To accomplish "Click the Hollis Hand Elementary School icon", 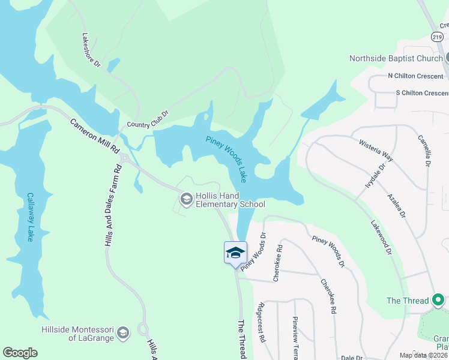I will coord(186,199).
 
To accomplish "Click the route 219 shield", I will coord(436,36).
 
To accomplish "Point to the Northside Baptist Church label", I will coord(396,58).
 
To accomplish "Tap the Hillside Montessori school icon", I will coord(123,333).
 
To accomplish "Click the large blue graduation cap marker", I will coord(235,253).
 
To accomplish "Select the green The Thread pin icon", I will coord(438,300).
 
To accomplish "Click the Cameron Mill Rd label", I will coord(95,137).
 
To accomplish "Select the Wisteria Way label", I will coord(376,150).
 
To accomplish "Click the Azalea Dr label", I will coord(397,206).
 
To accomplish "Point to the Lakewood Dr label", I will coord(381,238).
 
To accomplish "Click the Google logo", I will coord(20,353).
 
